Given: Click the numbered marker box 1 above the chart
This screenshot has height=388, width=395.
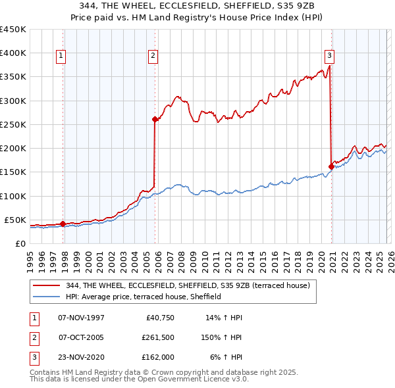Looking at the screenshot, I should click(60, 56).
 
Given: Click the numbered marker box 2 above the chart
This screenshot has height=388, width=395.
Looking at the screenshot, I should click(153, 56).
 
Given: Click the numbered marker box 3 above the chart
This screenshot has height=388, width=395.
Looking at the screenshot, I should click(329, 56).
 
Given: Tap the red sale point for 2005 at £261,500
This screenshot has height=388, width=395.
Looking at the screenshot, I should click(155, 119).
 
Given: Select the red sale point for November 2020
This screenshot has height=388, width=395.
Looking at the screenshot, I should click(330, 166).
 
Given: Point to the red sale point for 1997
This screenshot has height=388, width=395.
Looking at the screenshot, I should click(63, 224).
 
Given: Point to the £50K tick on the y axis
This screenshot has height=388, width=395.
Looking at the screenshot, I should click(14, 220).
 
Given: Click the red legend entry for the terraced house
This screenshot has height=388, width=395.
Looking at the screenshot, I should click(192, 285).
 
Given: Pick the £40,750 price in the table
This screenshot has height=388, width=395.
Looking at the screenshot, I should click(158, 317).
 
